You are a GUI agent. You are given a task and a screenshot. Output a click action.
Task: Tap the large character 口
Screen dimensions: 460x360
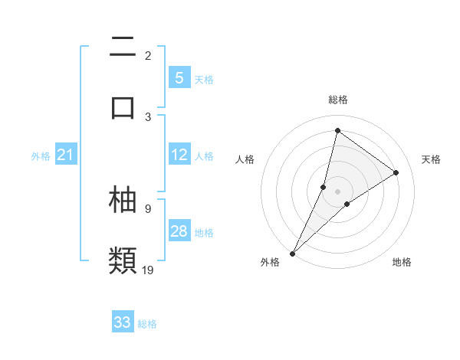click(x=123, y=106)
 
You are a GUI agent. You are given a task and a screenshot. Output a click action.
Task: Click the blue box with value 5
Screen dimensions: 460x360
click(x=179, y=77)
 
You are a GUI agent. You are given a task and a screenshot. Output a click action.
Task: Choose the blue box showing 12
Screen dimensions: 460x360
click(x=179, y=155)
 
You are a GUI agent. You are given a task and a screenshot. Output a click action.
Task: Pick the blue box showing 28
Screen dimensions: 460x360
click(x=179, y=231)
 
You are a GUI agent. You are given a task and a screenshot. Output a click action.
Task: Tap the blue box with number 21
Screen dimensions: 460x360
click(x=66, y=155)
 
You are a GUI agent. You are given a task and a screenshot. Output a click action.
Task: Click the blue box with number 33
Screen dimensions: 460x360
click(x=123, y=322)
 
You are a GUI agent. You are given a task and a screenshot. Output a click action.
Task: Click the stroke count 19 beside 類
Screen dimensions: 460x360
click(x=148, y=270)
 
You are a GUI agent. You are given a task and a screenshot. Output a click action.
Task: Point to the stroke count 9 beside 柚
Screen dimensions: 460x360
click(x=148, y=208)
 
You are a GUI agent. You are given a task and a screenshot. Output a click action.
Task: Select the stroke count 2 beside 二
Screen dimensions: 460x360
click(x=148, y=55)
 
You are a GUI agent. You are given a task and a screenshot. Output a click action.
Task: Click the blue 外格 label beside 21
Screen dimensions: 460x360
click(x=41, y=156)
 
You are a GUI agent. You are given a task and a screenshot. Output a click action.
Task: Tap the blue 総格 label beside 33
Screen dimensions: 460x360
click(x=147, y=324)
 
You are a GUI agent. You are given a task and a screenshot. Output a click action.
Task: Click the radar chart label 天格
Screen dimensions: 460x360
click(x=432, y=159)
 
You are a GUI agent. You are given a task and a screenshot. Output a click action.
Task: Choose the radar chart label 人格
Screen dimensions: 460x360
click(x=245, y=159)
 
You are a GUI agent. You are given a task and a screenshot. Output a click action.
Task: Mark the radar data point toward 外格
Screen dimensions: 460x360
click(x=292, y=253)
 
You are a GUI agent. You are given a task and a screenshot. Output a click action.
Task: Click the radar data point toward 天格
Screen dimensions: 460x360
click(x=396, y=173)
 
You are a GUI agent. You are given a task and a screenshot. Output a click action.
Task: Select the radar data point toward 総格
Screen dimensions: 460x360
click(x=337, y=130)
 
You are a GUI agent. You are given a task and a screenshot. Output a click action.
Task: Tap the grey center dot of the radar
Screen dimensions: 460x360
click(x=337, y=191)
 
